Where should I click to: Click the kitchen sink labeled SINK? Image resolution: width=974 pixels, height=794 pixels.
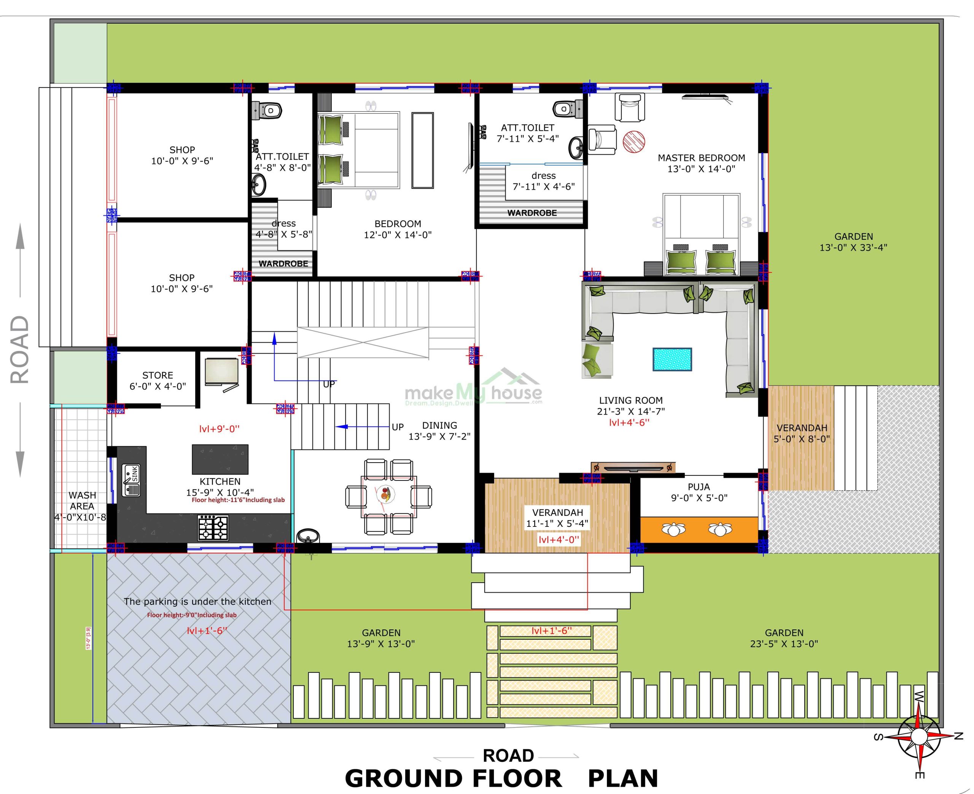coord(131,480)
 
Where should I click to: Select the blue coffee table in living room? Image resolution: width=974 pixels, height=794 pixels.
coord(672,359)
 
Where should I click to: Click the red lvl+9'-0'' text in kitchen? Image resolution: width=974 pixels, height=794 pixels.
coord(219,429)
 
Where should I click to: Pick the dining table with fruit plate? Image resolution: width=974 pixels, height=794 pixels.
coord(388,496)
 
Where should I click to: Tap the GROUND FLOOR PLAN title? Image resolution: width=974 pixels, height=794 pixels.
coord(501,778)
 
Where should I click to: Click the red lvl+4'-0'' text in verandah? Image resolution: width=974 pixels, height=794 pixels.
coord(559,540)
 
